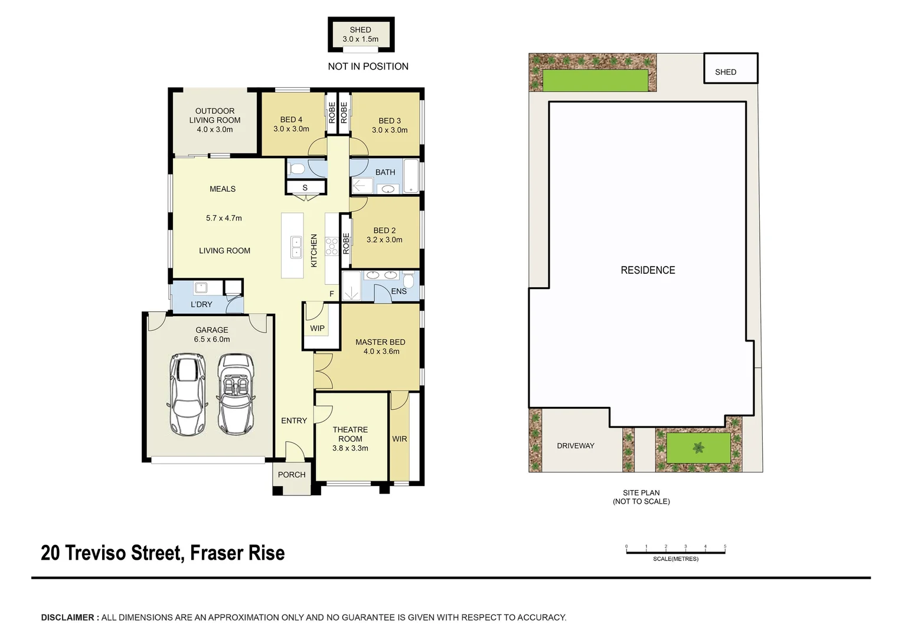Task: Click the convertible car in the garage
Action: (x=236, y=394)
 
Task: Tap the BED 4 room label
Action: (x=291, y=120)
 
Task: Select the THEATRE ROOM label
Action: (x=350, y=434)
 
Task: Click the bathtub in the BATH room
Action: (x=411, y=176)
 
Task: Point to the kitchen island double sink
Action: (x=296, y=247)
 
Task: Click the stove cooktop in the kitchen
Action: (x=331, y=247)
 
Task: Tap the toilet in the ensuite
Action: (x=408, y=279)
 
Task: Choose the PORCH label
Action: (x=292, y=475)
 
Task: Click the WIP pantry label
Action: (x=317, y=329)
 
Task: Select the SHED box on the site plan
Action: (x=730, y=68)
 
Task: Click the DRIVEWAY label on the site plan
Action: (x=576, y=446)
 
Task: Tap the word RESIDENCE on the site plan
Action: (x=648, y=270)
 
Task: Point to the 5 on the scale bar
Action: (x=725, y=546)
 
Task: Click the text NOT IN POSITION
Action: (x=368, y=67)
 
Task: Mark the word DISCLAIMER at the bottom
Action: (x=68, y=618)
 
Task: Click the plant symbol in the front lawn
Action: (x=699, y=448)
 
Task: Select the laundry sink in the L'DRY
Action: (x=201, y=288)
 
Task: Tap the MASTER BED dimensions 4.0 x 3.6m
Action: (x=381, y=352)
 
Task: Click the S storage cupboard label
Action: (x=305, y=188)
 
